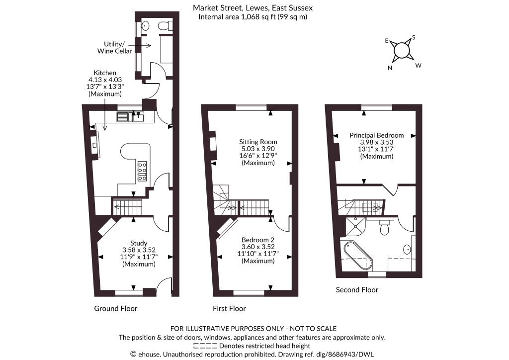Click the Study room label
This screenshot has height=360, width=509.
(x=139, y=243)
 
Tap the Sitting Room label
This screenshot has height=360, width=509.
(x=258, y=142)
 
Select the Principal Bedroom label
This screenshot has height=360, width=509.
(x=377, y=135)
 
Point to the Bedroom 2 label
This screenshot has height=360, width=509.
(x=258, y=240)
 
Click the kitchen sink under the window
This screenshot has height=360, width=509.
(x=131, y=117)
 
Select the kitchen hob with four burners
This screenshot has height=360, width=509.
(x=142, y=171)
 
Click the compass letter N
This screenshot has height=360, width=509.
(x=390, y=68)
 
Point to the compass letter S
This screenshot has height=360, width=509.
(x=414, y=37)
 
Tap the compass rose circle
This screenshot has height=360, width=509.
(x=401, y=51)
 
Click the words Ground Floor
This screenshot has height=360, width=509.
(x=115, y=308)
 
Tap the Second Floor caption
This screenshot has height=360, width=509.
(x=357, y=289)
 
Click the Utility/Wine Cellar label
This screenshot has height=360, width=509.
(x=115, y=47)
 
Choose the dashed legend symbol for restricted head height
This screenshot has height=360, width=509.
(x=205, y=346)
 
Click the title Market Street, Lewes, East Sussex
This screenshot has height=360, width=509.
(x=253, y=7)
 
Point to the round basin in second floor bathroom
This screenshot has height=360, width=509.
(x=407, y=249)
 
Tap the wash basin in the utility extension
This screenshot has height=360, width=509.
(x=146, y=25)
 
